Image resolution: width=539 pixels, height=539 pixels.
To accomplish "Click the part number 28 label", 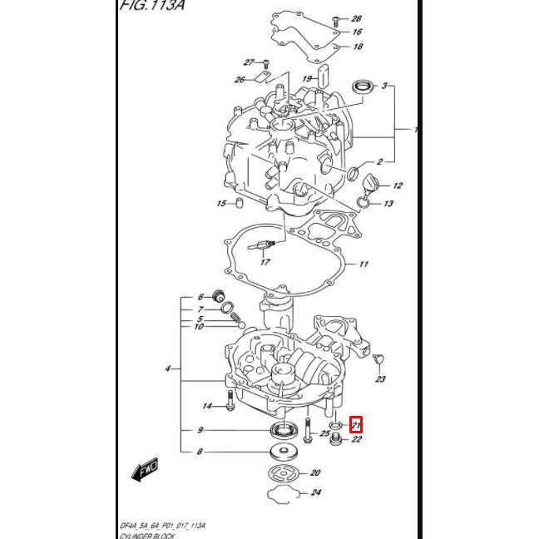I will click(x=356, y=18).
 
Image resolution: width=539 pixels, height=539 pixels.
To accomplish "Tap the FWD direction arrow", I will click(x=146, y=472).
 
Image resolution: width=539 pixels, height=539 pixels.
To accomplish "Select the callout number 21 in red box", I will click(x=356, y=425).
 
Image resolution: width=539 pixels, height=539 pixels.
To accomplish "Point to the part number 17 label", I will click(x=265, y=263).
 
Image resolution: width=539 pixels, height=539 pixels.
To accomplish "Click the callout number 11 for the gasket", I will click(x=363, y=265).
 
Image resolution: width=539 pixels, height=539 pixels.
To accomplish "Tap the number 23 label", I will click(x=380, y=379).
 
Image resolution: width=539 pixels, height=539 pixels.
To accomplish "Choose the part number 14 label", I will click(x=208, y=407).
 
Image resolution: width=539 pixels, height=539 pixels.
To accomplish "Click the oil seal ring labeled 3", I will click(x=362, y=86).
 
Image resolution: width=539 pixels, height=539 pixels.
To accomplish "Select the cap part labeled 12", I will click(x=372, y=184).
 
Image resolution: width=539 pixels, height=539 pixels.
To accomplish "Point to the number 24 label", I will click(x=315, y=492).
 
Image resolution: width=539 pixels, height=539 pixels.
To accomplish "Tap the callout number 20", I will click(x=315, y=473).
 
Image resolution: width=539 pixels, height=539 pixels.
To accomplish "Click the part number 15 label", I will click(x=221, y=204).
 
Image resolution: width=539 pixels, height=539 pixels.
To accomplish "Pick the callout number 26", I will click(x=240, y=80).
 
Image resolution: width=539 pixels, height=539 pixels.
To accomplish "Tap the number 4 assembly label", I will click(x=168, y=368).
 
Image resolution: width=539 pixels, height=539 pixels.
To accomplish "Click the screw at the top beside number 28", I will click(x=333, y=18).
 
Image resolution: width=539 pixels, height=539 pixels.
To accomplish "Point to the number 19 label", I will click(x=307, y=79).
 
